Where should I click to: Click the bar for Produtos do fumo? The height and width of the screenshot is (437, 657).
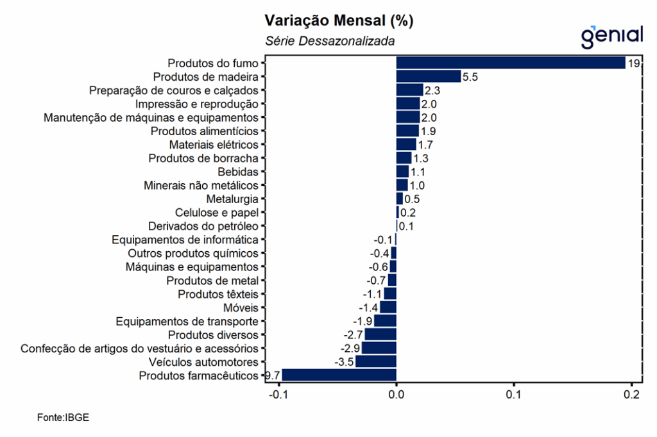(x=511, y=63)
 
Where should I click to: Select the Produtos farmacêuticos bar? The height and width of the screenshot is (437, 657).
(x=339, y=375)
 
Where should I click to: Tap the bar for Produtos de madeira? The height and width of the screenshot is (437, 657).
(x=429, y=76)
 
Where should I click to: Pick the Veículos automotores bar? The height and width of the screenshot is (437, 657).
(x=376, y=362)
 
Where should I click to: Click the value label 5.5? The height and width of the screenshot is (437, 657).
(x=470, y=77)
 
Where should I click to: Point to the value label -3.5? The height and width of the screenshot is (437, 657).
(x=345, y=363)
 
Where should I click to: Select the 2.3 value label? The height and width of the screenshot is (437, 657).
(x=432, y=90)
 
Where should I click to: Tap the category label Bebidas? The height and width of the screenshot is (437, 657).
(x=238, y=172)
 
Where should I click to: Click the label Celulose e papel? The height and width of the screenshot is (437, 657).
(x=217, y=213)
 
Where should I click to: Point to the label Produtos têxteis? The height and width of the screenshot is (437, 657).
(x=218, y=294)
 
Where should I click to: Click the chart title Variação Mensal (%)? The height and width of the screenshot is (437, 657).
(x=339, y=21)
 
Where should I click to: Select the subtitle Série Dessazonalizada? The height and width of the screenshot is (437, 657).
(x=330, y=42)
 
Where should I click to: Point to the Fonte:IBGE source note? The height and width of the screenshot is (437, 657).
(x=63, y=417)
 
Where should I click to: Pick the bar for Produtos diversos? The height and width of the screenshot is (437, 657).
(x=380, y=335)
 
